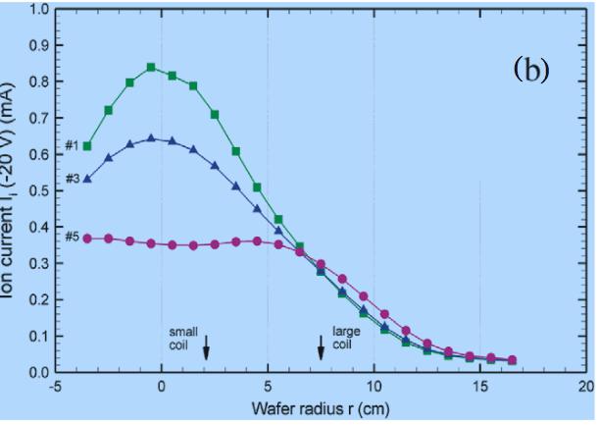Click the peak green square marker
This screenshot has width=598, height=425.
151,68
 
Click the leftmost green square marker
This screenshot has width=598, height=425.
87,146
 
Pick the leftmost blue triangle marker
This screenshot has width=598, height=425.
87,179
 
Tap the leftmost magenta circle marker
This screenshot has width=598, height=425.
87,238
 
